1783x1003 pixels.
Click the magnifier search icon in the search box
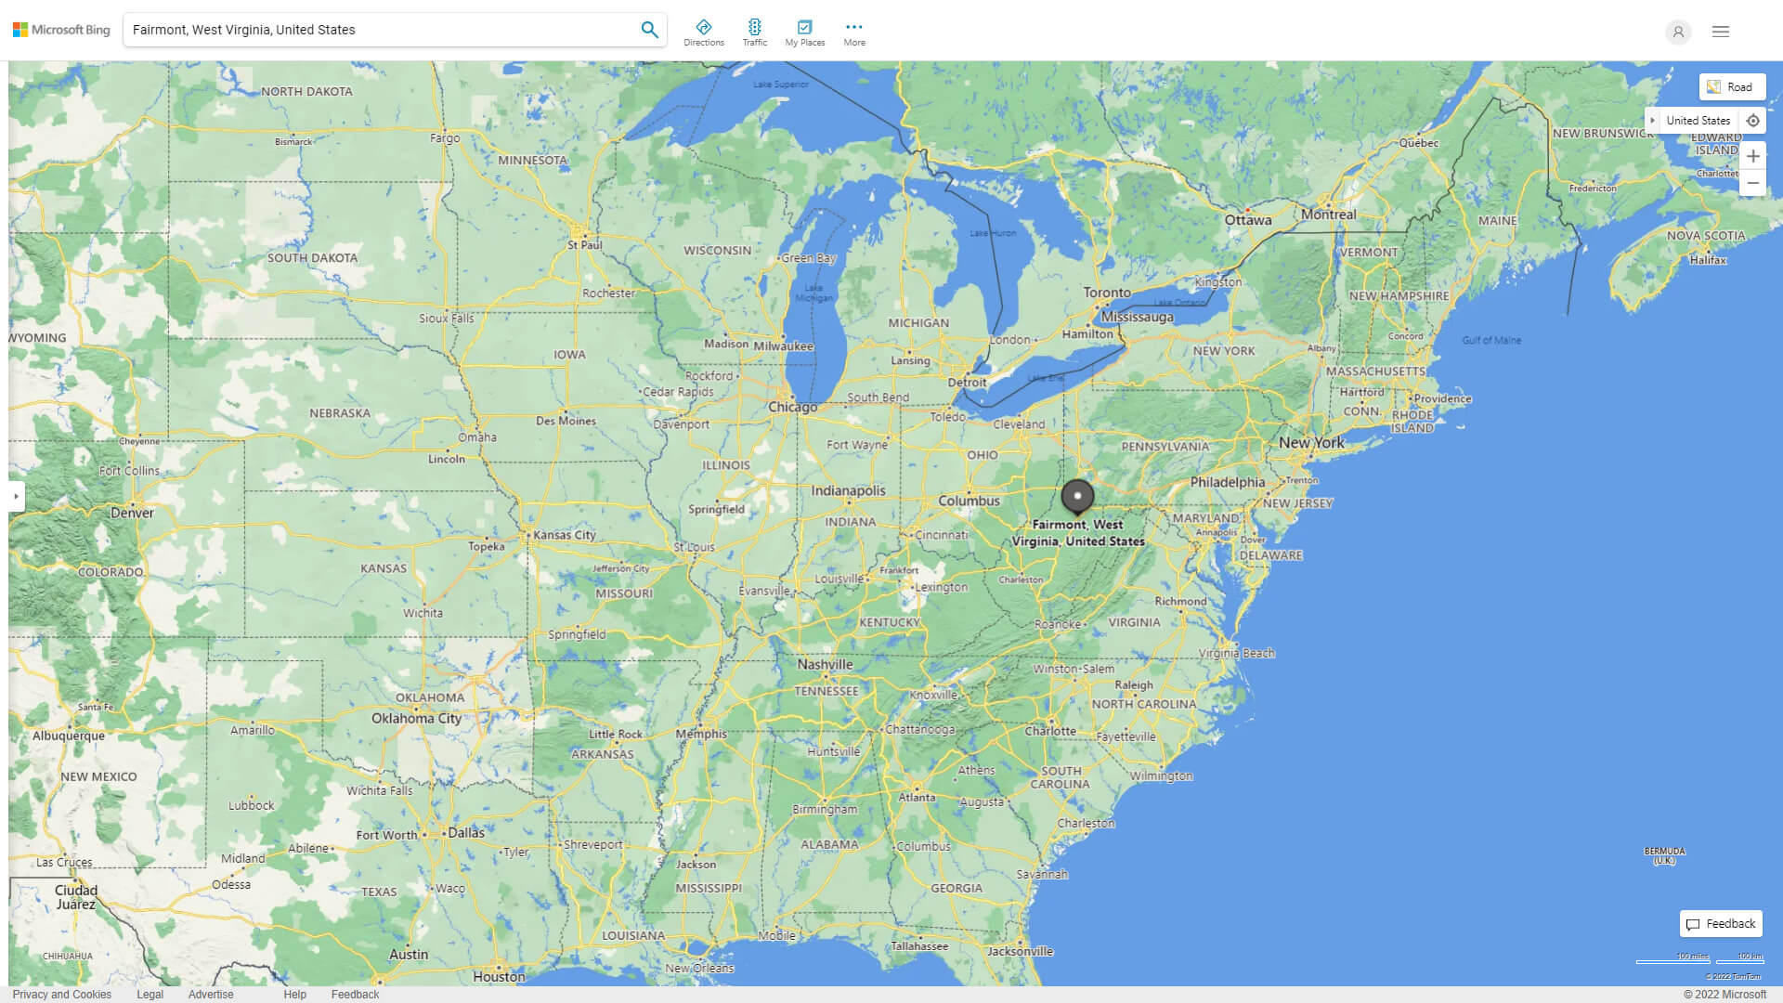[x=649, y=30]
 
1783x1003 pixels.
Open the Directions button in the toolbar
[x=704, y=33]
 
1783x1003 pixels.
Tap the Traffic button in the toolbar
[x=755, y=33]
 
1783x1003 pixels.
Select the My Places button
[x=804, y=33]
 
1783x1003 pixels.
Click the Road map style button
[x=1732, y=87]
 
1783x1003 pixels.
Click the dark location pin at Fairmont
[x=1077, y=496]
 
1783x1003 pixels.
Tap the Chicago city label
[x=792, y=407]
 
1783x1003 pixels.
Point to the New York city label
[x=1311, y=443]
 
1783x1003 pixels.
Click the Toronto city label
[x=1107, y=293]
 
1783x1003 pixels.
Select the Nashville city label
[x=825, y=665]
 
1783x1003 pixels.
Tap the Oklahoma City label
[x=416, y=718]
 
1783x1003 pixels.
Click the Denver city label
[x=132, y=513]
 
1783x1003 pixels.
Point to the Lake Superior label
[x=780, y=85]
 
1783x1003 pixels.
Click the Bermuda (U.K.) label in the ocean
[x=1664, y=855]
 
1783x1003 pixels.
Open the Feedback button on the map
[x=1721, y=924]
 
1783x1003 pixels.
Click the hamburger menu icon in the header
[x=1721, y=32]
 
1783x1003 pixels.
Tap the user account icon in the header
[x=1677, y=32]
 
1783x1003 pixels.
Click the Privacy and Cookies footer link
[x=62, y=995]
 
